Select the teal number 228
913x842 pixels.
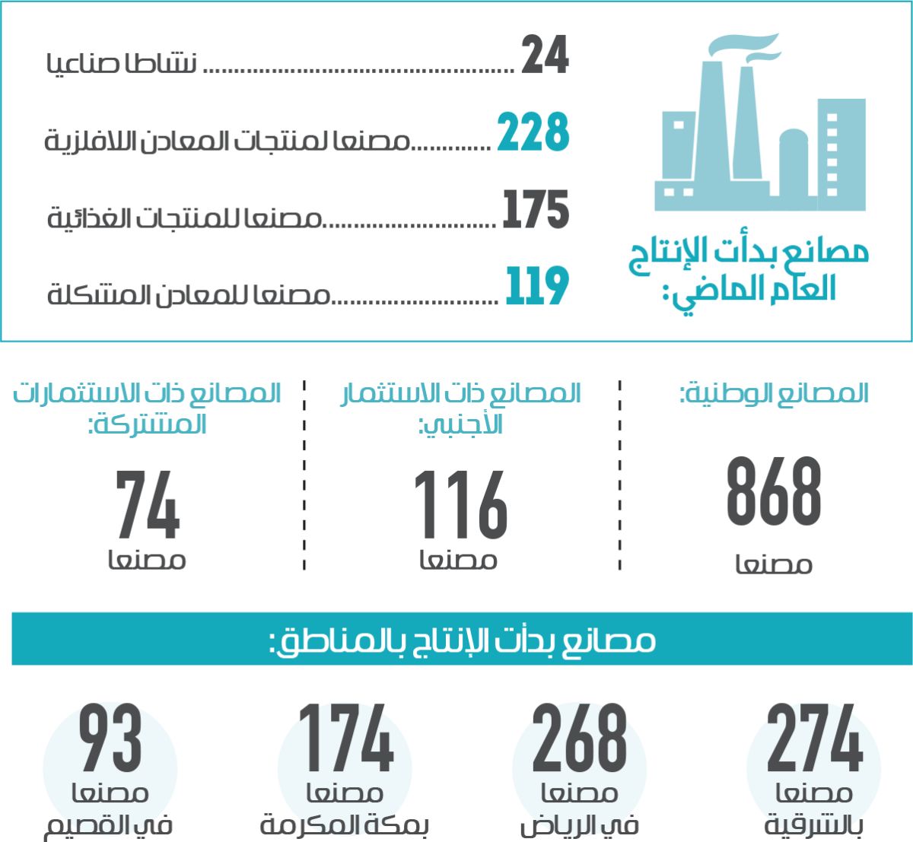533,132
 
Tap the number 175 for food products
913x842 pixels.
536,210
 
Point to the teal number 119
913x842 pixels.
537,287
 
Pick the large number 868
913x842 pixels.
774,492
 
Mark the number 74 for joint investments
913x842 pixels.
148,504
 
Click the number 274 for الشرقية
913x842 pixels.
814,739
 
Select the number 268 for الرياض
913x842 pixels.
579,739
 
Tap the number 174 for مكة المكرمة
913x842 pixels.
345,739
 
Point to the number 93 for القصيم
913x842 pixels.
110,739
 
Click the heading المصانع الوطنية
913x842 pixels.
774,393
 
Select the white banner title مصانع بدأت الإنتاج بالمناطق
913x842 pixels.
462,640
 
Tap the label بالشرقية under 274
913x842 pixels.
813,826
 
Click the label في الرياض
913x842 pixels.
579,826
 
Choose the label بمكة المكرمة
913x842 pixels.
345,825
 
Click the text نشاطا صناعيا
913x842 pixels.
122,63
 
